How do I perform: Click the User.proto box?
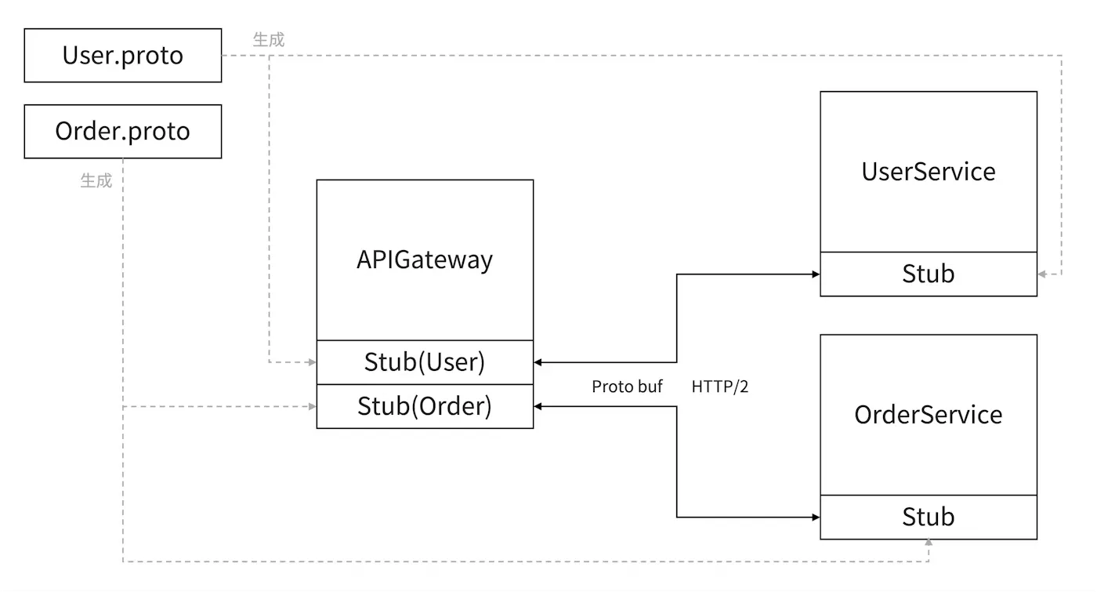123,56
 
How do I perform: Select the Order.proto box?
123,131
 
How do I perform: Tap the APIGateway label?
425,260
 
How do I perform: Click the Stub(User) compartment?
425,362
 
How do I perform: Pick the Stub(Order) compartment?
425,406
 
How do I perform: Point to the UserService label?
929,172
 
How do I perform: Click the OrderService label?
929,415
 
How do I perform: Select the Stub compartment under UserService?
929,274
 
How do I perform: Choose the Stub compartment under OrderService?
929,517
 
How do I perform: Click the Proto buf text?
627,387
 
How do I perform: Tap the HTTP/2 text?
720,387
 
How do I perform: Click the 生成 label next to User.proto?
269,39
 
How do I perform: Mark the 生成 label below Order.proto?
96,180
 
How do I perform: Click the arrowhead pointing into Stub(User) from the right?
538,362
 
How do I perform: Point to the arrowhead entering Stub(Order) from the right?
538,406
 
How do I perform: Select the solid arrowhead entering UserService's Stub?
816,274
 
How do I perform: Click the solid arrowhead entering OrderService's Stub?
816,518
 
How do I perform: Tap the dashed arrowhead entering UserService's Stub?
1042,274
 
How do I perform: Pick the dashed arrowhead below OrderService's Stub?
929,543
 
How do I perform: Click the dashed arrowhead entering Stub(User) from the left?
312,362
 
